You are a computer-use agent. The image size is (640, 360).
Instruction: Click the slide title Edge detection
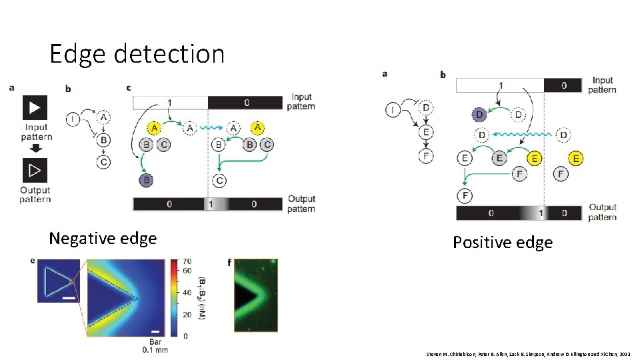pyautogui.click(x=137, y=53)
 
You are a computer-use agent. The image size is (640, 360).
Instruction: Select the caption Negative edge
pyautogui.click(x=103, y=238)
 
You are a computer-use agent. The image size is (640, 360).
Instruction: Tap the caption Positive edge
pyautogui.click(x=503, y=242)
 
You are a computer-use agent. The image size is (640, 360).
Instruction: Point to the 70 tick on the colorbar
pyautogui.click(x=187, y=261)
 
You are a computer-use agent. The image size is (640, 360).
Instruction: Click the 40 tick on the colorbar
pyautogui.click(x=187, y=293)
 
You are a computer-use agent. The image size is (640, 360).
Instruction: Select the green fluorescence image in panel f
pyautogui.click(x=255, y=296)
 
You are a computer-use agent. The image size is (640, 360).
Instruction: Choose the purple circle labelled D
pyautogui.click(x=479, y=114)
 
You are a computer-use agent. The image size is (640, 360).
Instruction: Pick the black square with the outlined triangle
pyautogui.click(x=35, y=171)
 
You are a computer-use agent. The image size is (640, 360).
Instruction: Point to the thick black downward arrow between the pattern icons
pyautogui.click(x=36, y=148)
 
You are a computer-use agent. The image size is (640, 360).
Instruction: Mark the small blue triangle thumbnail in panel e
pyautogui.click(x=57, y=283)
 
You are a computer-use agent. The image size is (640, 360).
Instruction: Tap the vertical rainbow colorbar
pyautogui.click(x=175, y=297)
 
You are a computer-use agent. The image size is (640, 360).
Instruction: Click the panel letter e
pyautogui.click(x=33, y=261)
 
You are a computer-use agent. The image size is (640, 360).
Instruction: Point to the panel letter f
pyautogui.click(x=229, y=262)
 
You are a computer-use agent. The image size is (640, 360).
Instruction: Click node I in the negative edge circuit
pyautogui.click(x=71, y=120)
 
